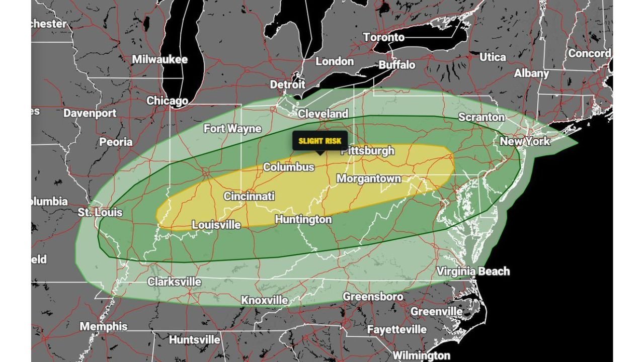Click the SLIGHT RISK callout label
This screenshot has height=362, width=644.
[320, 141]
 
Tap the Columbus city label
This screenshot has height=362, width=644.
[289, 167]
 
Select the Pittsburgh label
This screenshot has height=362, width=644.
[367, 151]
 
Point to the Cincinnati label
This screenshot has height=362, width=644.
[249, 196]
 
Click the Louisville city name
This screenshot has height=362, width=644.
[216, 225]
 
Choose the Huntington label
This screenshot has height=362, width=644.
[303, 219]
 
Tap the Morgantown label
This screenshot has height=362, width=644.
[369, 178]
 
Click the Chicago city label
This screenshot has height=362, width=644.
[167, 101]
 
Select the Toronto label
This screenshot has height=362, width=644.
[383, 37]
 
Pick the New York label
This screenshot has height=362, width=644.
[525, 141]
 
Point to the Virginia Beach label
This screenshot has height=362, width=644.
[473, 271]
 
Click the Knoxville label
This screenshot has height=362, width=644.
[265, 300]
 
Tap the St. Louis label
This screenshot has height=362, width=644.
[100, 212]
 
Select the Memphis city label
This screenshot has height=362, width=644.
[104, 326]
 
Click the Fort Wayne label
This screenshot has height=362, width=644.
[232, 129]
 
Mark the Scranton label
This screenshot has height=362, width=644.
[481, 117]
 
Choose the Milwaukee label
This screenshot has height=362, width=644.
[159, 59]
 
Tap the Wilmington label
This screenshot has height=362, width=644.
[421, 355]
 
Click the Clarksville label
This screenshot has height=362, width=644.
[174, 282]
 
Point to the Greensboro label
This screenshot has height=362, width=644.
[373, 297]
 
